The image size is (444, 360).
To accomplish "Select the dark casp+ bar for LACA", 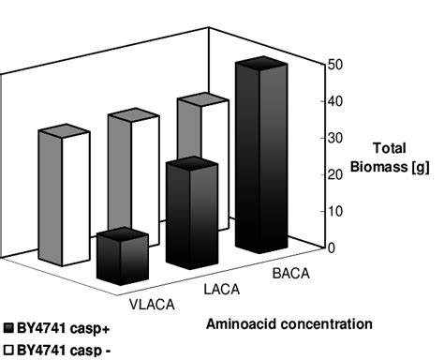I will (x=191, y=216).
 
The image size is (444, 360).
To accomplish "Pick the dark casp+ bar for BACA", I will (x=259, y=159).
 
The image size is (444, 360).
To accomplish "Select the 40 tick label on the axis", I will (x=333, y=101).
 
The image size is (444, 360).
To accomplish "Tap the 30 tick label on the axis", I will (x=333, y=138).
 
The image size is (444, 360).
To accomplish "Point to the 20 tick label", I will (x=333, y=174).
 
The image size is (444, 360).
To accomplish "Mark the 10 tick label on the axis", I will (x=333, y=211).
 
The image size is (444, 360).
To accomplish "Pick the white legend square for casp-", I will (x=8, y=350).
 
